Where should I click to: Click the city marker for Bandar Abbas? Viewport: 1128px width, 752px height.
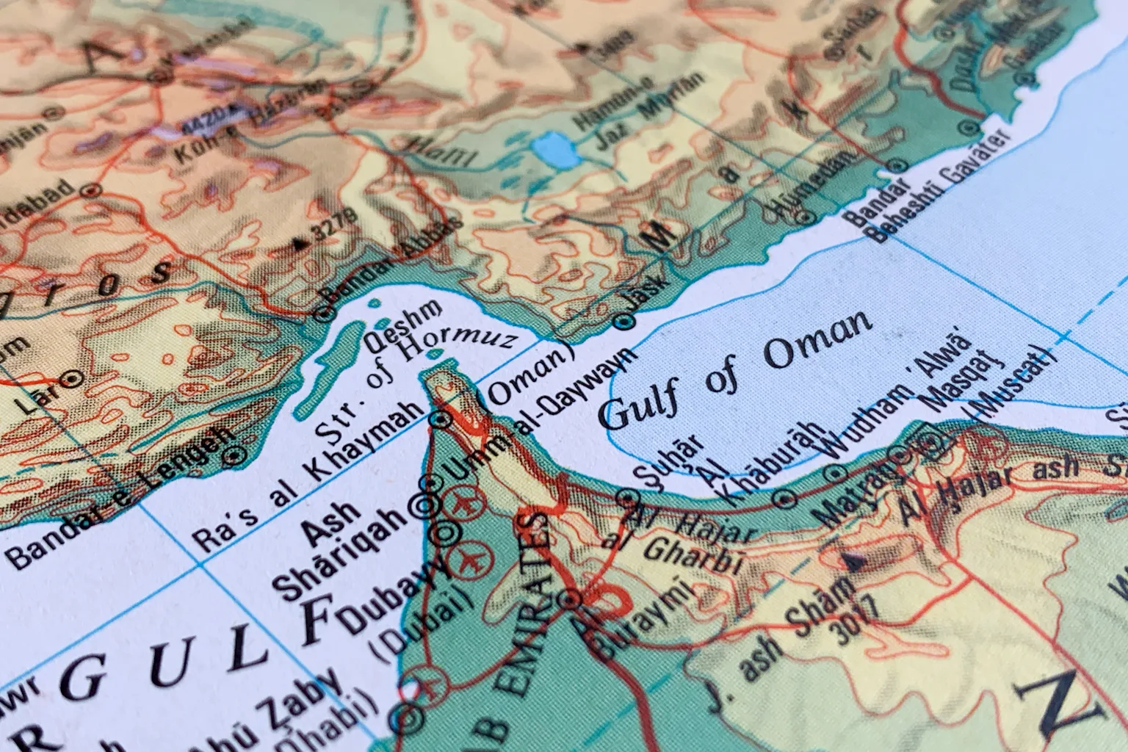pyautogui.click(x=325, y=315)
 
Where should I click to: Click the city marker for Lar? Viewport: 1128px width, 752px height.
pyautogui.click(x=71, y=380)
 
